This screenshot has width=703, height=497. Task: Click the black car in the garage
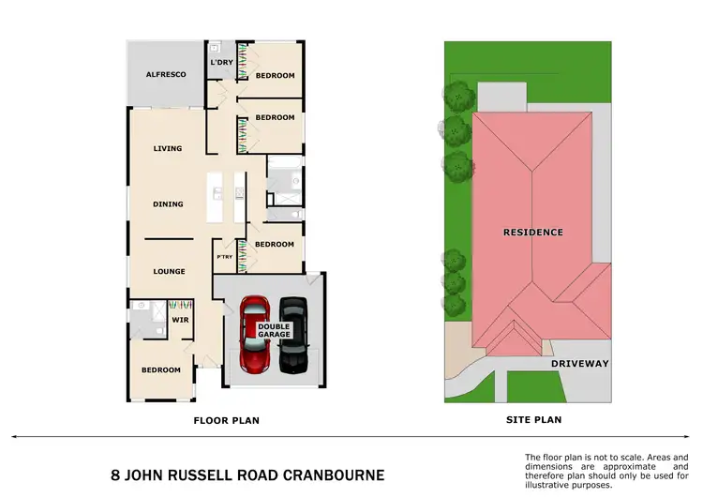293,335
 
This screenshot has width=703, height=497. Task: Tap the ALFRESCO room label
165,74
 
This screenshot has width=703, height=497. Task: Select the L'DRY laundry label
221,63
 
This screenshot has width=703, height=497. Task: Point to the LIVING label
167,148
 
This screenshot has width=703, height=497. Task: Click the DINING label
168,203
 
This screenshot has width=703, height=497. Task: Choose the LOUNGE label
170,271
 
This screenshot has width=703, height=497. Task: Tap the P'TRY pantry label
225,257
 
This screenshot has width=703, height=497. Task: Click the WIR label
180,320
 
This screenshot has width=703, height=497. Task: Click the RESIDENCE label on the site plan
532,232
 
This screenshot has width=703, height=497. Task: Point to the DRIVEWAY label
579,363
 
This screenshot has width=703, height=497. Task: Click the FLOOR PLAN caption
226,420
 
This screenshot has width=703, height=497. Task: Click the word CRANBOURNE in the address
330,474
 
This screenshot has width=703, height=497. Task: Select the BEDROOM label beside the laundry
276,75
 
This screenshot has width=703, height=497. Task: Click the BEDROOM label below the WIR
161,369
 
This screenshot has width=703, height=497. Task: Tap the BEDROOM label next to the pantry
275,244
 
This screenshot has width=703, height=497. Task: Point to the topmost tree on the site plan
458,94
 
